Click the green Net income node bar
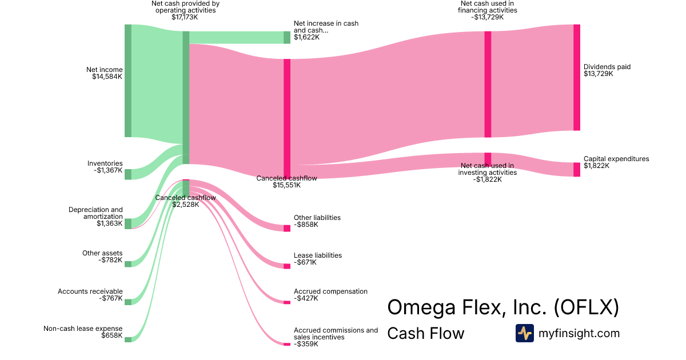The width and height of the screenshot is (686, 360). coord(128,81)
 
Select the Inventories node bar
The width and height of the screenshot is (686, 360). coord(128,174)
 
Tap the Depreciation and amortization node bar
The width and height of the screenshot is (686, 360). coord(128,223)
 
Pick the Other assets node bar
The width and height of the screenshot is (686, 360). coord(128,264)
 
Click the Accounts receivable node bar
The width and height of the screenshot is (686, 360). coord(128,302)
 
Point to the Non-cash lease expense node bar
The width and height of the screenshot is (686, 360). coord(128,339)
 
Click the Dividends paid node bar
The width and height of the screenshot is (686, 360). coord(576,78)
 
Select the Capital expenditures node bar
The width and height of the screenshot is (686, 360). coord(576,169)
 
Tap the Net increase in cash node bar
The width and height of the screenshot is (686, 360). coord(287,37)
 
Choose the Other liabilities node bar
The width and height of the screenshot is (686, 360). coord(287,228)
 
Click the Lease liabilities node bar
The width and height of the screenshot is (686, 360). coord(287,266)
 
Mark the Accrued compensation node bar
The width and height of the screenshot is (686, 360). coord(287,302)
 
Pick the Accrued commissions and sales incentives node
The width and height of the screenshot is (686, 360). coord(287,343)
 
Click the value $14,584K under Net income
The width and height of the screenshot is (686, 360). coord(107,77)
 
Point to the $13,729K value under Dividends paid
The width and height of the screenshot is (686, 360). coord(599,74)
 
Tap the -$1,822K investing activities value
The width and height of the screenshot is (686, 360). coord(487,179)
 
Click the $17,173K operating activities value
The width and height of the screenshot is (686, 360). coord(185,17)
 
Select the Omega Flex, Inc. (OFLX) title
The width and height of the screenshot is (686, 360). coord(503,307)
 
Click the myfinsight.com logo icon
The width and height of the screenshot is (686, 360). coord(524,333)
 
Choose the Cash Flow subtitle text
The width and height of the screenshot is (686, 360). coord(426,333)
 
